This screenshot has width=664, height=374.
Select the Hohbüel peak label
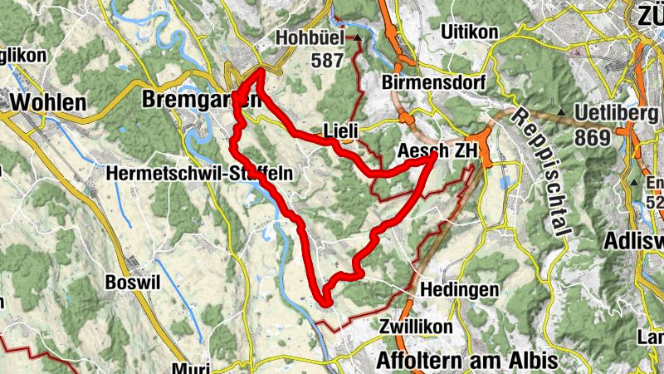[x=313, y=38]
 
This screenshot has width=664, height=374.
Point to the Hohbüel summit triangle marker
[x=358, y=38]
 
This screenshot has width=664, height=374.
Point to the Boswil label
[x=132, y=282]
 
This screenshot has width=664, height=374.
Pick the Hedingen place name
[x=460, y=290]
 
